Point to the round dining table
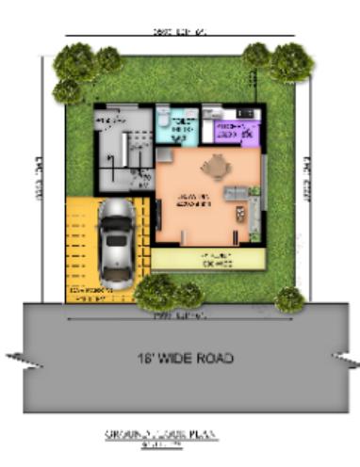(x=215, y=168)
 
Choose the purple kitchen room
(x=232, y=132)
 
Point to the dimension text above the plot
(x=179, y=32)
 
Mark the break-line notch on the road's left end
(x=17, y=357)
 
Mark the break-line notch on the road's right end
(x=345, y=357)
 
